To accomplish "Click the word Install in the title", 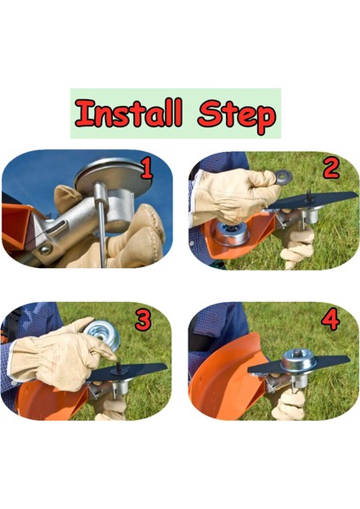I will tap(128, 114).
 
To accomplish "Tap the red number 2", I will tap(332, 168).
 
